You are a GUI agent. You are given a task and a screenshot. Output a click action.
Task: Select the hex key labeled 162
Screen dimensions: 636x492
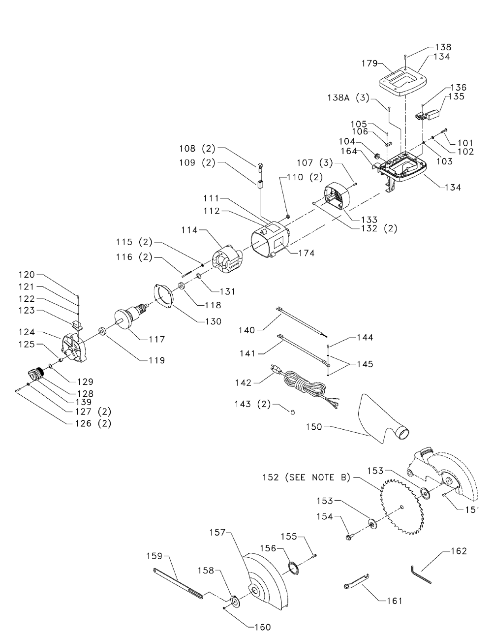click(421, 574)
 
